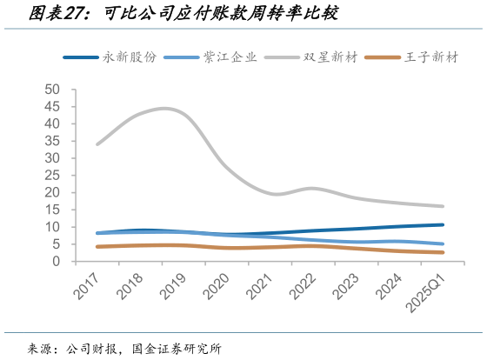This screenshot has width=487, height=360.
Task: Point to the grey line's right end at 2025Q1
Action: pyautogui.click(x=444, y=206)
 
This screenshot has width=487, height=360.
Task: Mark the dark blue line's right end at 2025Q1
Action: pyautogui.click(x=444, y=224)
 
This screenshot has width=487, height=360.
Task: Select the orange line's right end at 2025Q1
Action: pyautogui.click(x=444, y=252)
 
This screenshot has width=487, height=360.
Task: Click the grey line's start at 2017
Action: pyautogui.click(x=97, y=143)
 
